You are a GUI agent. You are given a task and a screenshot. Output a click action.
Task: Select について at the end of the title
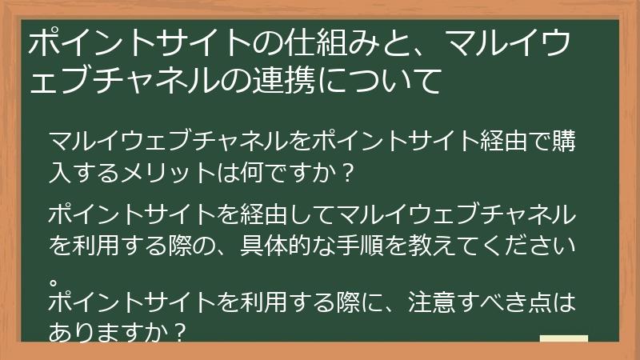(384, 81)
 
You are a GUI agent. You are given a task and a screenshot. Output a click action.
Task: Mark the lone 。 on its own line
(54, 280)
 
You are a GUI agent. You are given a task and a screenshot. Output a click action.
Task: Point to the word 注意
(435, 302)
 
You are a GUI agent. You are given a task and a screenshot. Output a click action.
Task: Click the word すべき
(497, 302)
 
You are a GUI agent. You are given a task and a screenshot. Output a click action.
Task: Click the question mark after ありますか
(180, 330)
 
